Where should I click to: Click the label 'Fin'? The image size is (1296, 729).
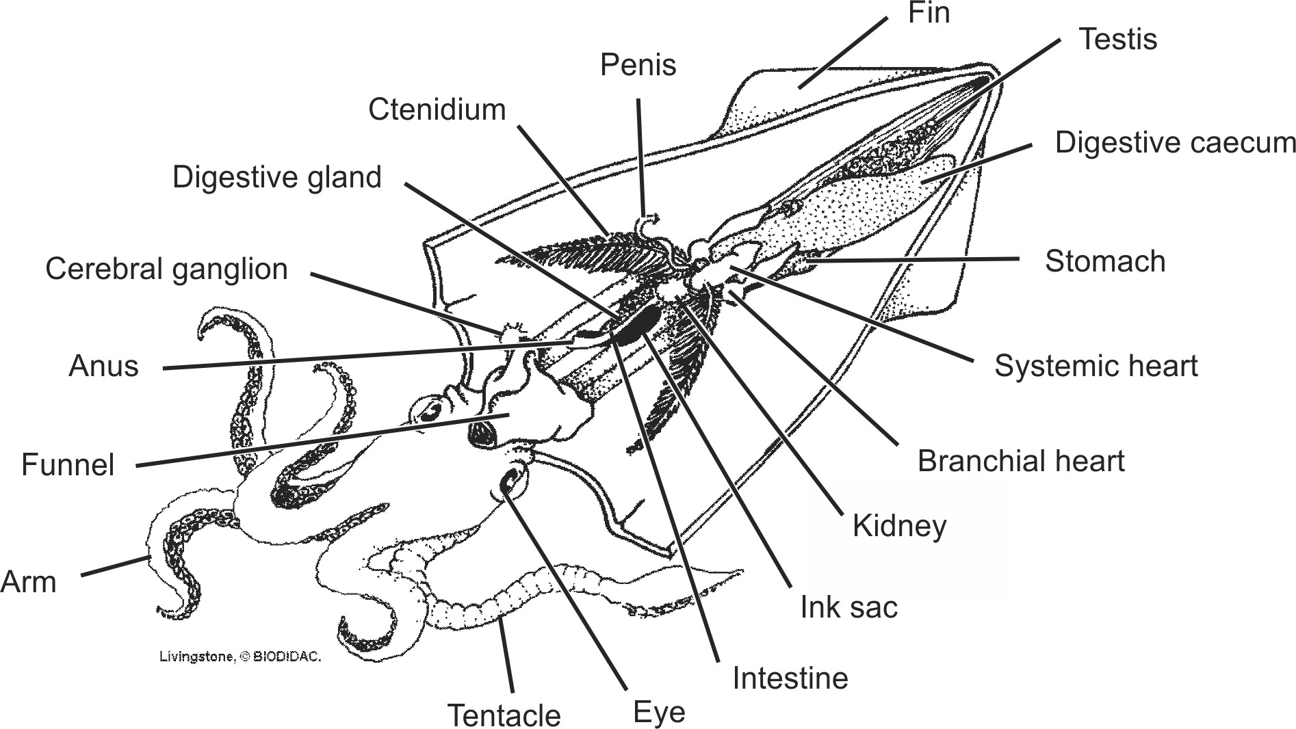pyautogui.click(x=929, y=13)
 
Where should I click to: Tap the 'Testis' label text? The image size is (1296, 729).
pyautogui.click(x=1117, y=39)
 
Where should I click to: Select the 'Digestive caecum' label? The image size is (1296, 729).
pyautogui.click(x=1175, y=143)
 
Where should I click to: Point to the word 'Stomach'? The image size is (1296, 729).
pyautogui.click(x=1104, y=262)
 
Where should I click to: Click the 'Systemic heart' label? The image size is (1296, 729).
pyautogui.click(x=1096, y=367)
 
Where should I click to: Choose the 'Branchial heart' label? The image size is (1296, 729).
pyautogui.click(x=1020, y=462)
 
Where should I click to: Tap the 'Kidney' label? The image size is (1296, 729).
pyautogui.click(x=899, y=527)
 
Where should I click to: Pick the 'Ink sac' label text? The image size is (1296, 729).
pyautogui.click(x=848, y=607)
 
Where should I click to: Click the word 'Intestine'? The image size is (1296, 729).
pyautogui.click(x=790, y=678)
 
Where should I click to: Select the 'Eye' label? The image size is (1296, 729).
pyautogui.click(x=659, y=713)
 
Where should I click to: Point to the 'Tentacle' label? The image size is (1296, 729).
pyautogui.click(x=504, y=716)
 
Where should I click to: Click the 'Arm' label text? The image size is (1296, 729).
pyautogui.click(x=29, y=582)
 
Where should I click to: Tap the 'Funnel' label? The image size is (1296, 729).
pyautogui.click(x=68, y=465)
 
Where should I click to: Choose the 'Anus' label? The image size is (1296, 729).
pyautogui.click(x=103, y=367)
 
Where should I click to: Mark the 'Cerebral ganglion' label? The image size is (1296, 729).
pyautogui.click(x=166, y=269)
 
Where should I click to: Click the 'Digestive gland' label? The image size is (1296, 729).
pyautogui.click(x=276, y=177)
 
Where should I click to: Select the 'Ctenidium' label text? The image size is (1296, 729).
pyautogui.click(x=437, y=109)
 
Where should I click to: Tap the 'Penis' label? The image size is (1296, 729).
pyautogui.click(x=638, y=66)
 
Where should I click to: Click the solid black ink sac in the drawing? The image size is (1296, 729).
pyautogui.click(x=637, y=324)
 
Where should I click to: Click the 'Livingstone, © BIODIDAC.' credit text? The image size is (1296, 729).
pyautogui.click(x=239, y=657)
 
